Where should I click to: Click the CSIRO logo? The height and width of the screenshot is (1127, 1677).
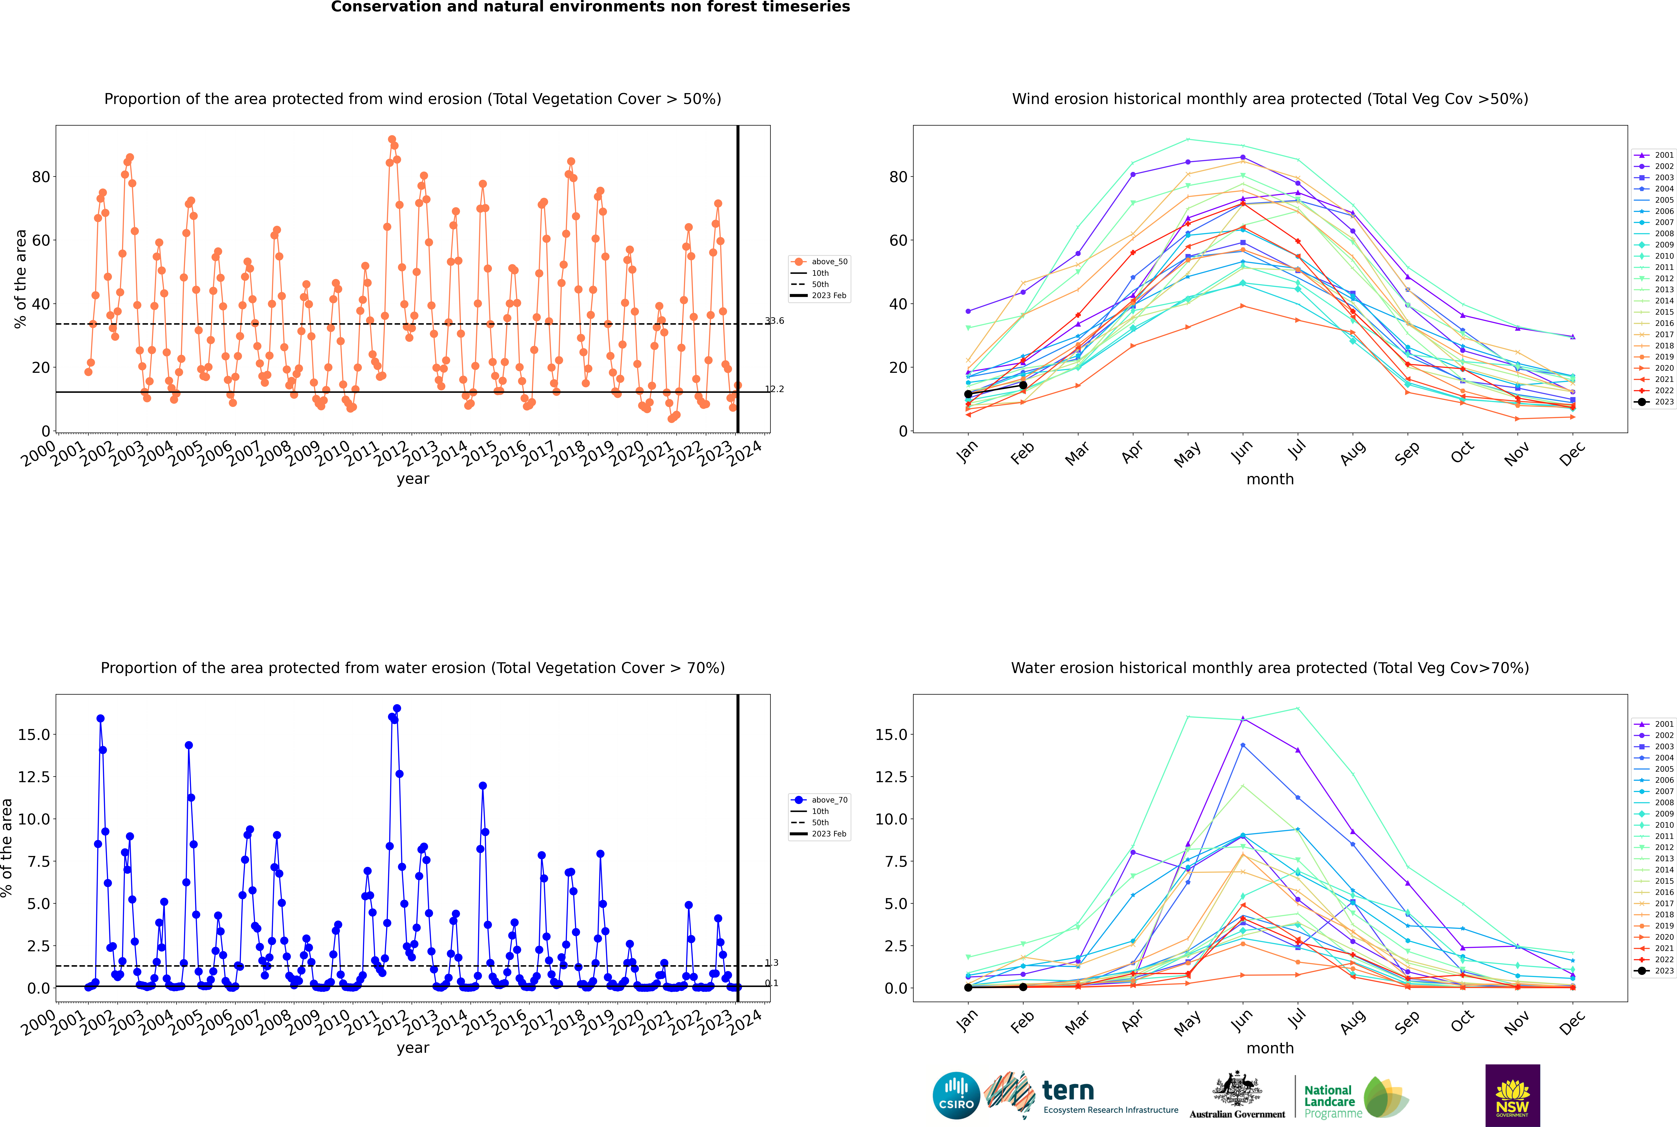pos(956,1095)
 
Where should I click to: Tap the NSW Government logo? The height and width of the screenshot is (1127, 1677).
pos(1512,1095)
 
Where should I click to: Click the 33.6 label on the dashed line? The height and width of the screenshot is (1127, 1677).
pos(774,321)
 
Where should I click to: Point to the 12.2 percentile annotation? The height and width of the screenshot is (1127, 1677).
pos(774,389)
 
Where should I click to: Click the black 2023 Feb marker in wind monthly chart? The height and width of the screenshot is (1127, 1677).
pos(1023,385)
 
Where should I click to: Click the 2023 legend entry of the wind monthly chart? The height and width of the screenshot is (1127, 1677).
pos(1654,402)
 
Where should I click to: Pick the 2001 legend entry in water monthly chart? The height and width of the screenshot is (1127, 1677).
pos(1654,724)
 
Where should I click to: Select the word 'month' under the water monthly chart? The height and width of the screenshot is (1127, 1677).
pos(1270,1048)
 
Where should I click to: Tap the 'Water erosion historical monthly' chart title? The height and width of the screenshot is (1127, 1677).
pos(1270,668)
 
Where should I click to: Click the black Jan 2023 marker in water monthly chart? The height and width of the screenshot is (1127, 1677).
pos(968,988)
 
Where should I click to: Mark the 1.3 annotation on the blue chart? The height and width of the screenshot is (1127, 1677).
pos(771,962)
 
